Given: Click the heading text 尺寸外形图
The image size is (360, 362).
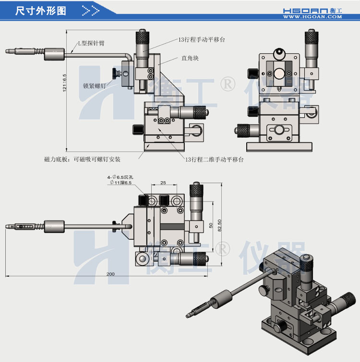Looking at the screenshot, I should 41,10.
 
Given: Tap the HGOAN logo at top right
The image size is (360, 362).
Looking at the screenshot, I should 312,10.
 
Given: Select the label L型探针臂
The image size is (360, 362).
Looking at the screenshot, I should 91,43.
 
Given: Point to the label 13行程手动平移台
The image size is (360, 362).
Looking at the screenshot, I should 202,39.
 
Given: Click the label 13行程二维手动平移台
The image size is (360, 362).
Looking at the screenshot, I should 214,160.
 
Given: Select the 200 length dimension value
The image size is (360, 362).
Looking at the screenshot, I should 110,274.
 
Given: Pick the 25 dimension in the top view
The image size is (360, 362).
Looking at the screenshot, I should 163,183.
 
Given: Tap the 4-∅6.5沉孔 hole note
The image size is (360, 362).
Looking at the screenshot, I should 121,177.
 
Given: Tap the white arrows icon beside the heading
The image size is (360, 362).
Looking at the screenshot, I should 91,10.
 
